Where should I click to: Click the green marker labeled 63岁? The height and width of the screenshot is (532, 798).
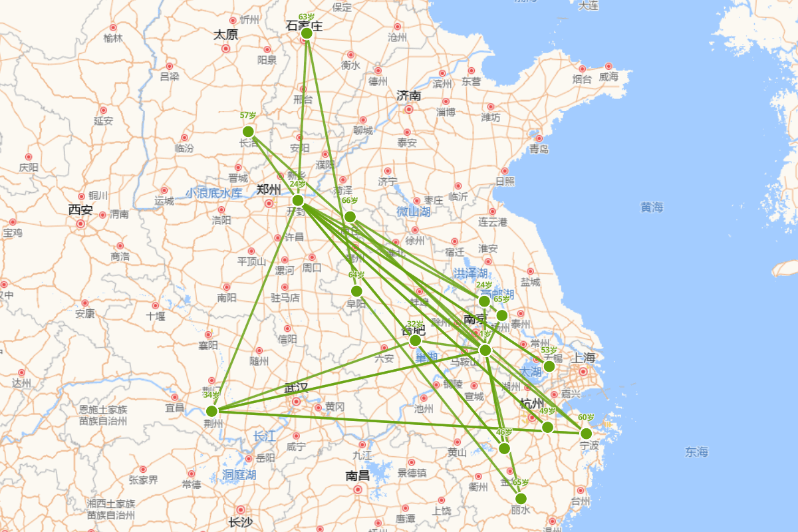[307, 33]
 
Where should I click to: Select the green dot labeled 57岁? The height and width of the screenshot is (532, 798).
[248, 131]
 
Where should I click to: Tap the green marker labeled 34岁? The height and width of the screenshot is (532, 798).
[211, 411]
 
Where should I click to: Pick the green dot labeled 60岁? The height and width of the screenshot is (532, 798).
[586, 434]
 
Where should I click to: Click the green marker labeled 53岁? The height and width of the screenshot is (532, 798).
[549, 366]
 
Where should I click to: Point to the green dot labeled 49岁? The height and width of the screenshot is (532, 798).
[547, 427]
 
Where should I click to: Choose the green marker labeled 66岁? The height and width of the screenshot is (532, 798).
[350, 217]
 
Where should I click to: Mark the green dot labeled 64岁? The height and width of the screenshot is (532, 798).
[356, 291]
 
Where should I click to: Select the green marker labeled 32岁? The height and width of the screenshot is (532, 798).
[415, 340]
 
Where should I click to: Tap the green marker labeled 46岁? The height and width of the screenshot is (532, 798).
[504, 448]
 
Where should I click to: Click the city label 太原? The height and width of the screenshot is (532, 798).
[226, 35]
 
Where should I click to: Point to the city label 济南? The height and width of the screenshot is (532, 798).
[408, 95]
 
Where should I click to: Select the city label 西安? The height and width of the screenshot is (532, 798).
[80, 210]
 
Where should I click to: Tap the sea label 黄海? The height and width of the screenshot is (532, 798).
[652, 207]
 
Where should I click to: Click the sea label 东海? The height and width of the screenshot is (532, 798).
[696, 452]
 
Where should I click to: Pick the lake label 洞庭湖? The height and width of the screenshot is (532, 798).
[239, 475]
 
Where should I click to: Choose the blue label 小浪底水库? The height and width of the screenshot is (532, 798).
[214, 193]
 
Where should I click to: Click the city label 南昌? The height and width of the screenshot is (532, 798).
[358, 475]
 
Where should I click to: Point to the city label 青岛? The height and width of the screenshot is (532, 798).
[539, 149]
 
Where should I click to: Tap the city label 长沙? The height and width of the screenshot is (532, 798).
[240, 522]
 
